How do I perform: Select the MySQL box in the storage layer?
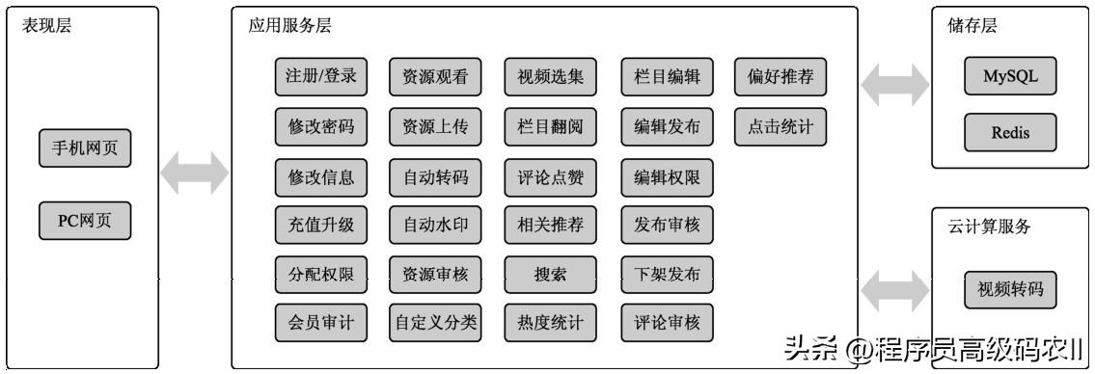(x=1010, y=78)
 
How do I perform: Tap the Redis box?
(x=1010, y=133)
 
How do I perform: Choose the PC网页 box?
(x=85, y=221)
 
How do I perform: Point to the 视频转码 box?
(x=1010, y=289)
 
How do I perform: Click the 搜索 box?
(x=551, y=274)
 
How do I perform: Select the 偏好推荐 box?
(x=780, y=78)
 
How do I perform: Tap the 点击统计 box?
(x=780, y=127)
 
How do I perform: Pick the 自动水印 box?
(x=435, y=225)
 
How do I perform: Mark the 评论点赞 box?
(x=551, y=176)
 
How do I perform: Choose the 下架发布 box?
(x=667, y=274)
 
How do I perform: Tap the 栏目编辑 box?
(x=667, y=78)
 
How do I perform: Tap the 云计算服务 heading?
(x=989, y=227)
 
